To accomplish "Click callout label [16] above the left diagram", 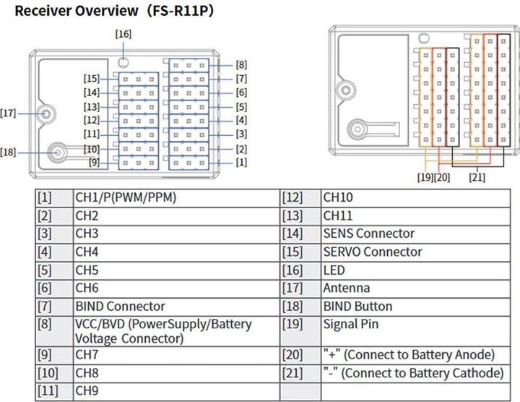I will coord(123,34).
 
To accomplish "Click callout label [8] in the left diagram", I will coord(241,64).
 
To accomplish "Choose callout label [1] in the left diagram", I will coord(241,162).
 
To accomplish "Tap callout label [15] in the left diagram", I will coord(91,78).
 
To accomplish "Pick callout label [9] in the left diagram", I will coord(94,162).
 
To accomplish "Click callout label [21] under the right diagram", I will coord(477,176).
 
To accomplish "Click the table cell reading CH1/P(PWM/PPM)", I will coord(126,197).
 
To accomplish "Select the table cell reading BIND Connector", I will coord(121,307).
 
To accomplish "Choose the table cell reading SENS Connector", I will coord(369,234).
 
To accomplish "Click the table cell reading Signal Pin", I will coord(351,325).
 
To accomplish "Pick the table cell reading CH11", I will coord(338,215).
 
